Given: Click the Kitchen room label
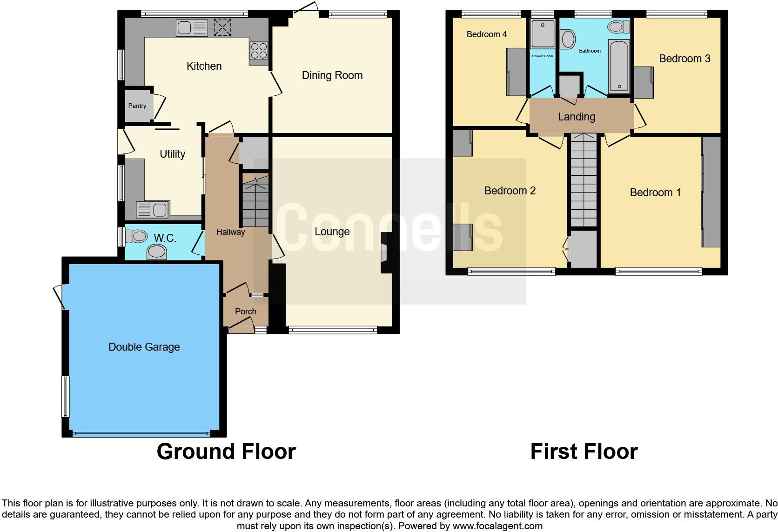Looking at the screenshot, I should tap(204, 66).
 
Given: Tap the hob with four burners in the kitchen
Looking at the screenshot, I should tap(259, 50).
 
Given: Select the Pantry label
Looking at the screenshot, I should tap(137, 106).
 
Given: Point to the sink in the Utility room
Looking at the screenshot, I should tap(152, 210).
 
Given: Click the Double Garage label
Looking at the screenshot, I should tap(144, 347).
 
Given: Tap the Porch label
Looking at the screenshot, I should tap(245, 312).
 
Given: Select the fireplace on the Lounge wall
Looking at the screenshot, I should tap(386, 253).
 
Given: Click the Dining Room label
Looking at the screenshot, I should tap(332, 75).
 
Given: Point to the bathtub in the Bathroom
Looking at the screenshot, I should tap(619, 66).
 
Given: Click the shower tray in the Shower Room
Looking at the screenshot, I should tap(543, 33).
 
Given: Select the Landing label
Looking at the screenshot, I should tap(577, 117).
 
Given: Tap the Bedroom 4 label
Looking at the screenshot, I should tap(486, 34).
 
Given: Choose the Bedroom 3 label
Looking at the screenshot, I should tap(684, 59).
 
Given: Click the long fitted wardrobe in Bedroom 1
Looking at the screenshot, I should tap(711, 192).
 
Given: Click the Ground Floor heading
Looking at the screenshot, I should tap(226, 452).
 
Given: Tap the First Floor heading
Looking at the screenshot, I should tap(583, 452).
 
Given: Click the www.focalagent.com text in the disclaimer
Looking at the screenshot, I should tap(497, 526).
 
